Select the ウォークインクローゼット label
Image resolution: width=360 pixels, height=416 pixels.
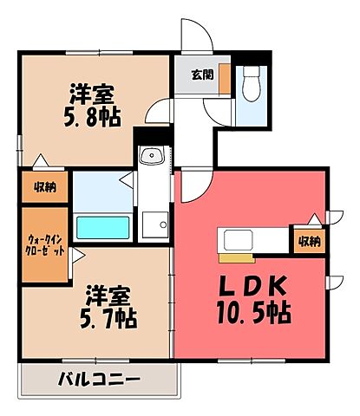tap(44, 245)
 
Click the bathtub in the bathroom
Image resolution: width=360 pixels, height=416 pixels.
tap(102, 228)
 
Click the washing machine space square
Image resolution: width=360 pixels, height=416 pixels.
tap(155, 223)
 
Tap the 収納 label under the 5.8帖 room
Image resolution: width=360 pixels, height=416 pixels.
tap(45, 185)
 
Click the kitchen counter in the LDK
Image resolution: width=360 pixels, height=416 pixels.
tap(252, 240)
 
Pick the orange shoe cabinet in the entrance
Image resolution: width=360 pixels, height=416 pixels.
tap(224, 78)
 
